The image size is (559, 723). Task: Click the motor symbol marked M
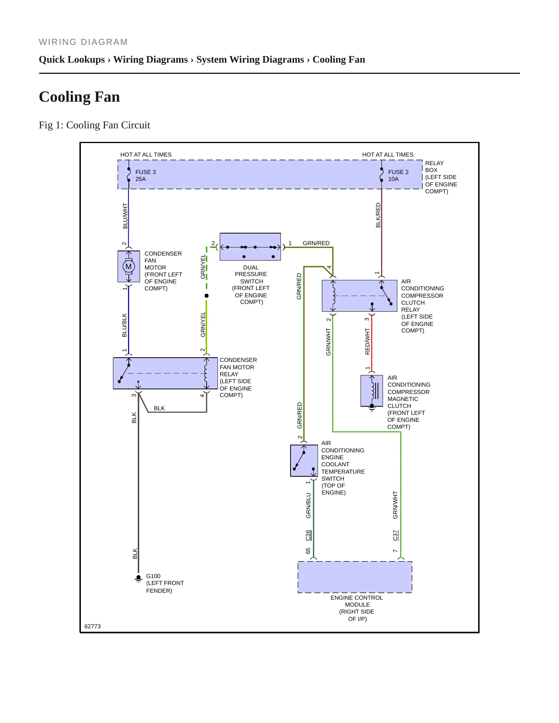pyautogui.click(x=128, y=266)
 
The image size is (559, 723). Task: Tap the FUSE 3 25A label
pyautogui.click(x=145, y=176)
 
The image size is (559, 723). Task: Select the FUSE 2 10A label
pyautogui.click(x=398, y=176)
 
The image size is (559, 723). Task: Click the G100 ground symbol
pyautogui.click(x=138, y=578)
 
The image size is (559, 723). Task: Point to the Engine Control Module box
pyautogui.click(x=355, y=577)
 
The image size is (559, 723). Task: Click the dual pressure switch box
pyautogui.click(x=250, y=247)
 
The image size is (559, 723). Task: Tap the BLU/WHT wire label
pyautogui.click(x=125, y=216)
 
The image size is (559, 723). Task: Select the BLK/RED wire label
pyautogui.click(x=378, y=215)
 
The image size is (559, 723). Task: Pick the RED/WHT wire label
pyautogui.click(x=368, y=341)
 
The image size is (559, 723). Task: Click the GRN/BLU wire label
pyautogui.click(x=308, y=505)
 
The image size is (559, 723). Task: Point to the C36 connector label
pyautogui.click(x=308, y=535)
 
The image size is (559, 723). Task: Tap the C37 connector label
pyautogui.click(x=395, y=535)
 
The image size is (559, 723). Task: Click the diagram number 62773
pyautogui.click(x=92, y=626)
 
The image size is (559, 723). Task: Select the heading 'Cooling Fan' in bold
pyautogui.click(x=79, y=97)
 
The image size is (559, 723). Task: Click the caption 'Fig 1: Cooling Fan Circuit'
pyautogui.click(x=94, y=125)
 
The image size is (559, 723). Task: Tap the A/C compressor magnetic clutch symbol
pyautogui.click(x=372, y=391)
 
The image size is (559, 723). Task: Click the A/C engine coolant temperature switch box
pyautogui.click(x=304, y=460)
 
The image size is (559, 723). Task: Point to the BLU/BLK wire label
pyautogui.click(x=125, y=325)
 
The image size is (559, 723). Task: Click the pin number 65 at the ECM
pyautogui.click(x=308, y=551)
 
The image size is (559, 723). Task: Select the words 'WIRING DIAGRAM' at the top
pyautogui.click(x=83, y=42)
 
